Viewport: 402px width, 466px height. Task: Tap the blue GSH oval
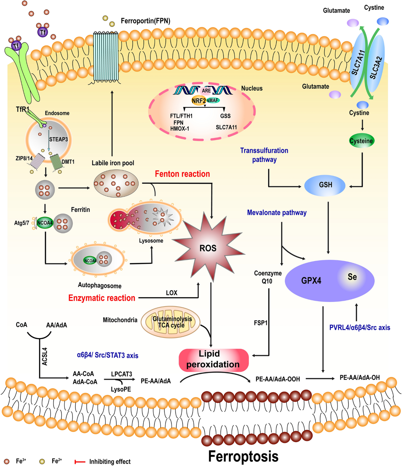325,185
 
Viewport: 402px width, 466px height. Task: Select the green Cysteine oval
361,141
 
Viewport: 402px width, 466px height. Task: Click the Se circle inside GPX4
352,277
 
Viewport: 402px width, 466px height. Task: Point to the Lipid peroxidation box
213,360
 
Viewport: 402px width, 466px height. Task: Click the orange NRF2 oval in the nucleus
199,100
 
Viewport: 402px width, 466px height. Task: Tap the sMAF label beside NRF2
213,100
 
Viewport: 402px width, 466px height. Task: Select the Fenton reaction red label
182,174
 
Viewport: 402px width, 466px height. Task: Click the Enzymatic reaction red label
102,298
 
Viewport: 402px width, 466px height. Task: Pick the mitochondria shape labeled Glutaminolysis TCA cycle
171,322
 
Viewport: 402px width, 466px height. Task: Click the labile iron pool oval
116,183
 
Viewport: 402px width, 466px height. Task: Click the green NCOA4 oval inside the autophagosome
90,260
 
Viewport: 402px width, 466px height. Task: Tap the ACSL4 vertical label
45,357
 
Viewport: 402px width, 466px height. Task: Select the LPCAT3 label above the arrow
121,374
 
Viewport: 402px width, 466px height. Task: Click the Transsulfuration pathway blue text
264,155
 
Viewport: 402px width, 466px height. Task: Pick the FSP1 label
261,323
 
